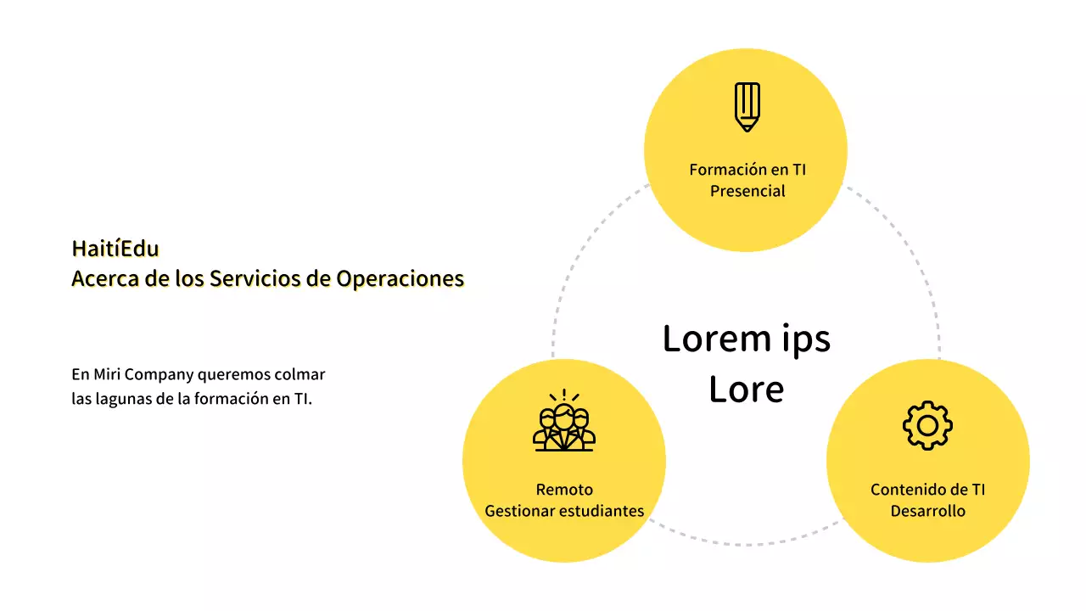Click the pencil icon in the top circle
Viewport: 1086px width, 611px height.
tap(747, 107)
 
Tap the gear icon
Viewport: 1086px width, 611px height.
tap(927, 424)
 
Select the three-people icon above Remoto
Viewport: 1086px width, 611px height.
tap(564, 421)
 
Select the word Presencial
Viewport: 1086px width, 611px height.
tap(747, 191)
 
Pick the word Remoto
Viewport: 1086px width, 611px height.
tap(564, 490)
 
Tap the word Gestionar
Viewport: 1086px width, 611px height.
tap(517, 511)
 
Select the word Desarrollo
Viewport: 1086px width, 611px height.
tap(927, 511)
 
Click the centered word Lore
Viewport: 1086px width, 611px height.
tap(747, 390)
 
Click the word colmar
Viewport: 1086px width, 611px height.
tap(305, 374)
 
